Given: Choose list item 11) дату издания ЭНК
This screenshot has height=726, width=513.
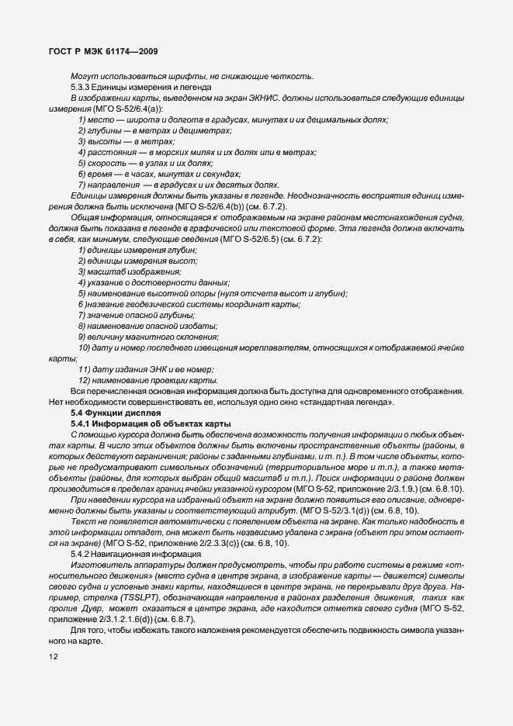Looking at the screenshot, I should point(146,370).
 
